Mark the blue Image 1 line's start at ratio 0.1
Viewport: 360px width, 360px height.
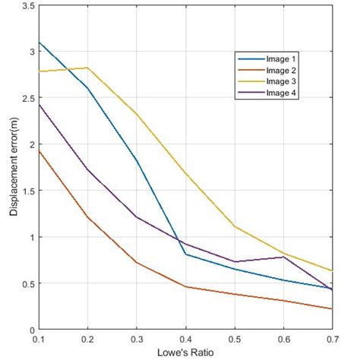click(39, 43)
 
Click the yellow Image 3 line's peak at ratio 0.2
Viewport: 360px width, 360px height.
click(87, 68)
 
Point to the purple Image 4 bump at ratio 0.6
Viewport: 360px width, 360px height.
click(283, 257)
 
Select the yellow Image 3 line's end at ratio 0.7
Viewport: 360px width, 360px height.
click(332, 270)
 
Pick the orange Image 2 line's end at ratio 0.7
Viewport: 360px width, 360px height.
click(332, 308)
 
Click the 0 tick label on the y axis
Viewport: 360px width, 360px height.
click(30, 330)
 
